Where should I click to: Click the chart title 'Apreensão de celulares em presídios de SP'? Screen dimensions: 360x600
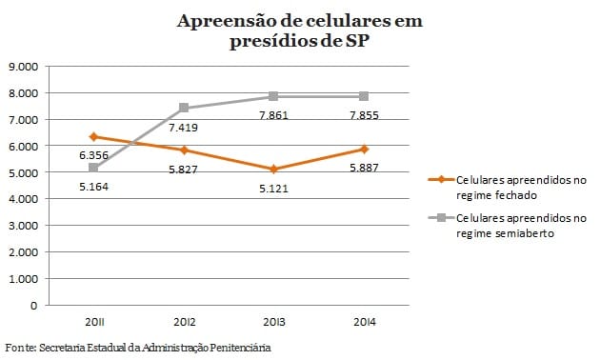tap(299, 31)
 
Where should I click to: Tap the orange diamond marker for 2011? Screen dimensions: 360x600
tap(93, 137)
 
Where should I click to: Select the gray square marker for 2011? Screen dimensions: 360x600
tap(93, 168)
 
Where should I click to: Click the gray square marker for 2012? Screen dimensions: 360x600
tap(183, 108)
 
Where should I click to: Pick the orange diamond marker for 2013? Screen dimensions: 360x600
tap(273, 170)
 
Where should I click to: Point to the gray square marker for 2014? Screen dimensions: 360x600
tap(364, 96)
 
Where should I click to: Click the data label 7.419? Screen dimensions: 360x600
tap(183, 127)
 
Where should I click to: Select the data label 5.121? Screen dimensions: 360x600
tap(273, 188)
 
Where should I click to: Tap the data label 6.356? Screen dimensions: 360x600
tap(93, 155)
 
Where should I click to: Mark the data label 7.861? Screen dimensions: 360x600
tap(273, 114)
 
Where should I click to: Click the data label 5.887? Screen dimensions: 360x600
tap(364, 168)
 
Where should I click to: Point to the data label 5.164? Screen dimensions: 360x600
tap(93, 187)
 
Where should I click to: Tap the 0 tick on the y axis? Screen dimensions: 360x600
tap(33, 306)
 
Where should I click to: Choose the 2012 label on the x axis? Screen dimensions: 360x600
tap(183, 324)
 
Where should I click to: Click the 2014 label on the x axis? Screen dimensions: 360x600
tap(364, 324)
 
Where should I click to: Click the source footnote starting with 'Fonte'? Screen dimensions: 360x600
tap(138, 348)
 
